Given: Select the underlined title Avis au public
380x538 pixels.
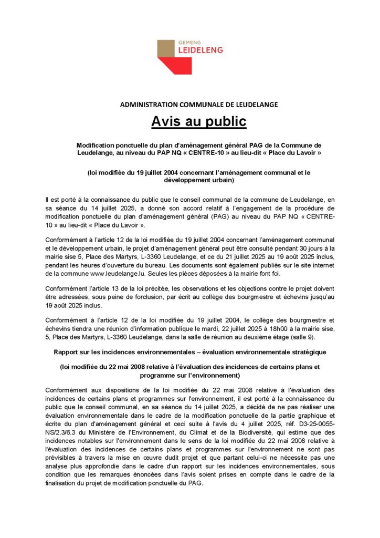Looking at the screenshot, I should (198, 121).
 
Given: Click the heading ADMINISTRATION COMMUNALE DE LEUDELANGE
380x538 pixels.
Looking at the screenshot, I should (199, 105).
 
